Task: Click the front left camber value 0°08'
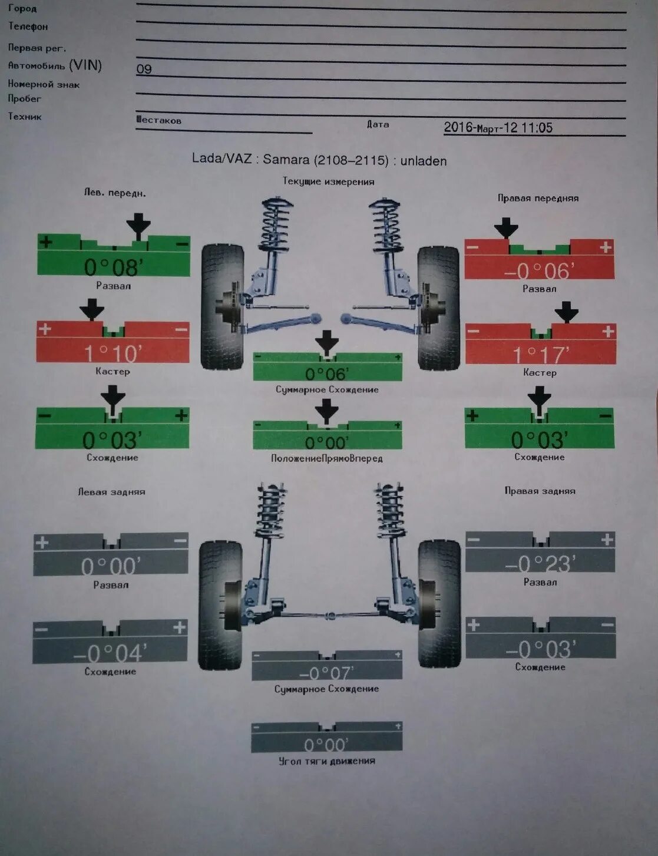[113, 267]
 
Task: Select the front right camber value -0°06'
[539, 270]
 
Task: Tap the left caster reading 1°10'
[112, 353]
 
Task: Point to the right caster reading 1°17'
[540, 355]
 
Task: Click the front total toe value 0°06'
[327, 374]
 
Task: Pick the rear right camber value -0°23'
[540, 564]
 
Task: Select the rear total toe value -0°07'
[326, 673]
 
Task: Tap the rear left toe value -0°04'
[110, 653]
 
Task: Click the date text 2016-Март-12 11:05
[498, 127]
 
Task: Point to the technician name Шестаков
[158, 120]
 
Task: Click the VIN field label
[55, 65]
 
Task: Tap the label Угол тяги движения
[327, 761]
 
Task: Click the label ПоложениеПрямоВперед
[327, 458]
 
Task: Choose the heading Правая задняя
[540, 491]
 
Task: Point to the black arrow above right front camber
[506, 227]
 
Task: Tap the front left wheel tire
[222, 306]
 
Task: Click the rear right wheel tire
[439, 603]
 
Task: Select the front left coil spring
[277, 224]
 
